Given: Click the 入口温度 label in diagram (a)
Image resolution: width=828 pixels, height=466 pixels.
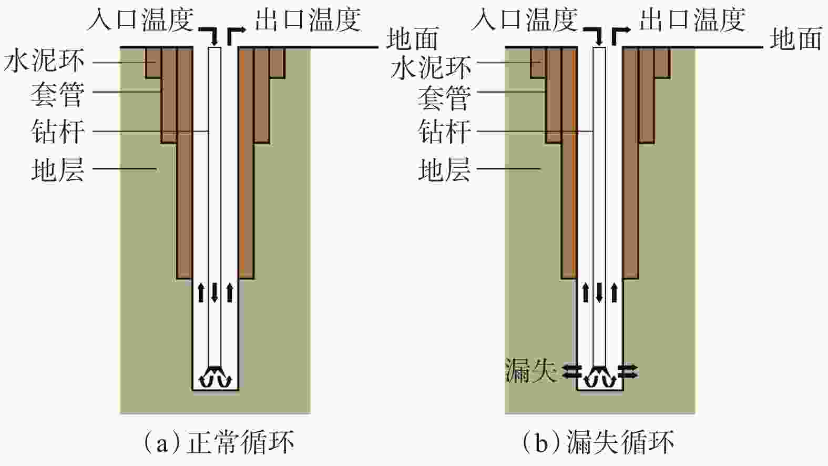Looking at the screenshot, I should (x=140, y=20).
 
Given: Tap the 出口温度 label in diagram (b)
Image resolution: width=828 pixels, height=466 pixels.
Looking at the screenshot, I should (x=692, y=20).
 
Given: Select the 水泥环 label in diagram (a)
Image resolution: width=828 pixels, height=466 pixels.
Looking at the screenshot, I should (x=44, y=62).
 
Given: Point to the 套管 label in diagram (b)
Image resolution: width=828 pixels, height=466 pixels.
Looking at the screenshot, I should (x=443, y=98).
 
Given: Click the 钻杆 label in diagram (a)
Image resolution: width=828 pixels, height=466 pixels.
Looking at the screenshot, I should (x=57, y=131).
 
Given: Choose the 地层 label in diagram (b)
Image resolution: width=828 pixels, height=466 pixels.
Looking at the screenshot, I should (x=444, y=170).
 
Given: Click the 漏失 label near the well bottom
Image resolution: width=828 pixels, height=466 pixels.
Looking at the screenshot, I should (x=530, y=370).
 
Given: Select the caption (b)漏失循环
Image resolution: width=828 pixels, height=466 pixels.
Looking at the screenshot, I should (x=598, y=442).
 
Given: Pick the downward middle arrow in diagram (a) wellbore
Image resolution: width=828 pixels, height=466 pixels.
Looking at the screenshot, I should (x=214, y=292).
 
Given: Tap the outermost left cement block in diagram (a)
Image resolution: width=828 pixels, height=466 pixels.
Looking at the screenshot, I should (x=153, y=63).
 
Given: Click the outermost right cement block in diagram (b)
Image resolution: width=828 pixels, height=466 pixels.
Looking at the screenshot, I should (x=662, y=63).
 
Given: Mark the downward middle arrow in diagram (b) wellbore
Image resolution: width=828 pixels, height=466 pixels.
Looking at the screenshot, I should (x=599, y=292).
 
